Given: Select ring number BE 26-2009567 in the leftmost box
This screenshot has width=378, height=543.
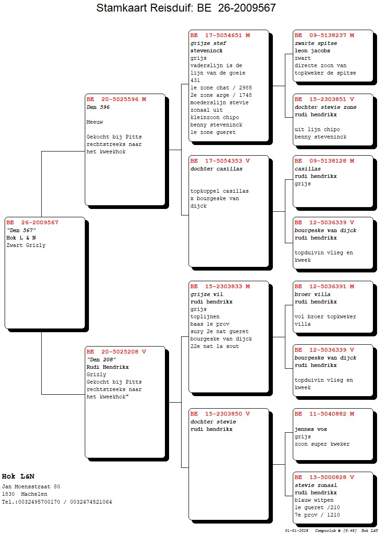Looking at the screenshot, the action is pyautogui.click(x=32, y=223).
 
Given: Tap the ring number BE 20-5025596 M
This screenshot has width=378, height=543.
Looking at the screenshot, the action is pyautogui.click(x=116, y=100).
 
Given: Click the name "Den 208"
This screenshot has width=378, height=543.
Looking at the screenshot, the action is pyautogui.click(x=101, y=360).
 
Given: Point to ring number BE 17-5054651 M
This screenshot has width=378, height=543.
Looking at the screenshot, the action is pyautogui.click(x=220, y=35).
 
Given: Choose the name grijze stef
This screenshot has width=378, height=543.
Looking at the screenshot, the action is pyautogui.click(x=208, y=43).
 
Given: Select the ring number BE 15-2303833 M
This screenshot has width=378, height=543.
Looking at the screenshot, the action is pyautogui.click(x=220, y=286).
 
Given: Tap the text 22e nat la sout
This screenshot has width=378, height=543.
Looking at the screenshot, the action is pyautogui.click(x=214, y=346).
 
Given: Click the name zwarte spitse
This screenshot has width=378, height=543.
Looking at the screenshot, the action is pyautogui.click(x=315, y=43).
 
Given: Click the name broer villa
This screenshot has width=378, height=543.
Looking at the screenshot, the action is pyautogui.click(x=313, y=294).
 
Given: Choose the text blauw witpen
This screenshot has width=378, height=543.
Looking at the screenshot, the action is pyautogui.click(x=314, y=500).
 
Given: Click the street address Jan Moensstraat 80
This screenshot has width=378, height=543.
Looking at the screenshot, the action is pyautogui.click(x=31, y=486).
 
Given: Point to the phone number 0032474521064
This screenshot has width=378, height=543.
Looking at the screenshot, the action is pyautogui.click(x=91, y=502).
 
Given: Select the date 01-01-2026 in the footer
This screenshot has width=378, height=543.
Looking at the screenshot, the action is pyautogui.click(x=296, y=530).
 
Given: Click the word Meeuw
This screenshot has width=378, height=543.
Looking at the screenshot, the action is pyautogui.click(x=94, y=122).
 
